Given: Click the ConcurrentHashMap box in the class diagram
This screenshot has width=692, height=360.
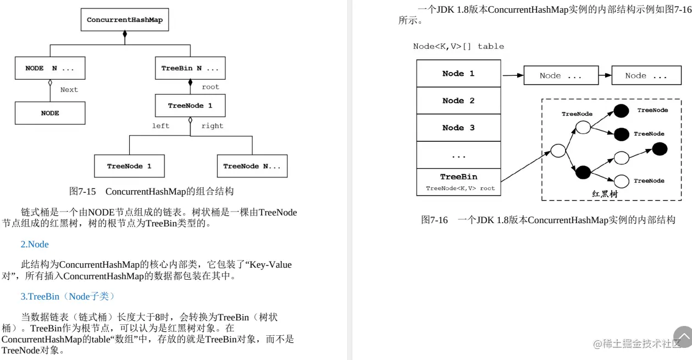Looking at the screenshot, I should (125, 20).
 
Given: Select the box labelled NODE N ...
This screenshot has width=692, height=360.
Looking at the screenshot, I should (49, 68).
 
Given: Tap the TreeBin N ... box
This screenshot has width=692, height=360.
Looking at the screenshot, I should (190, 68).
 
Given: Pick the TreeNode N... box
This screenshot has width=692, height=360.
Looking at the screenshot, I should (252, 166).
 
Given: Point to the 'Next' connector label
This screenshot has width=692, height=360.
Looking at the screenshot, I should (69, 90).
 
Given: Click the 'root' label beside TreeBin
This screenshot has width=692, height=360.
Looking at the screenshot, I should (211, 87).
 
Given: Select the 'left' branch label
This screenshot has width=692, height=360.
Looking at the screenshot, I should (161, 126).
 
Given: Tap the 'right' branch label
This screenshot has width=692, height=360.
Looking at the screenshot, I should (212, 126).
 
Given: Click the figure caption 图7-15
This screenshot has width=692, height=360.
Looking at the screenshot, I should (151, 191).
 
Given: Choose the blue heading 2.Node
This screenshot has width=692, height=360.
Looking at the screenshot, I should (35, 244).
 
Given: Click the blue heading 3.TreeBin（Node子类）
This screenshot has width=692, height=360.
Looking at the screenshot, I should (68, 296).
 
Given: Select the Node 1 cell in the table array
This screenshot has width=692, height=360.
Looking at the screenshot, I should (458, 74).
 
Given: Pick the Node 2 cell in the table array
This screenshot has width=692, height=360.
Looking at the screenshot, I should (458, 101).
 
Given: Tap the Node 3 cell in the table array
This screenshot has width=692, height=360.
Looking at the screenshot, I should (458, 128).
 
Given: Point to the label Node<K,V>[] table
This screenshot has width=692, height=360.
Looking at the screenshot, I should (458, 46).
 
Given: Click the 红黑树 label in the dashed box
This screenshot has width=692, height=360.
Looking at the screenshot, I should (605, 194).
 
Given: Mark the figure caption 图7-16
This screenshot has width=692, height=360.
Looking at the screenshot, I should (548, 220).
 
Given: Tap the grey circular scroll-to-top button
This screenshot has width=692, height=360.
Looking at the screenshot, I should (683, 337).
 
